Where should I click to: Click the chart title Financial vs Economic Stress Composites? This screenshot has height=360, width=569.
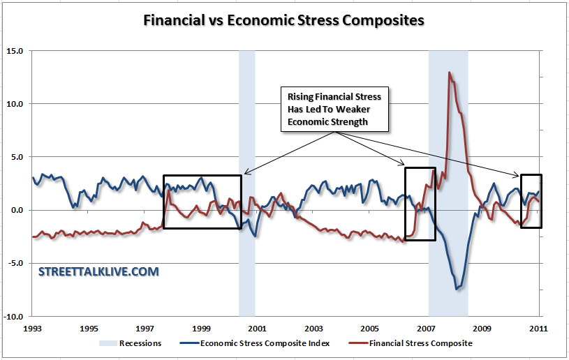click(283, 20)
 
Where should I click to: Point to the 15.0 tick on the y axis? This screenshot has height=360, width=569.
click(15, 51)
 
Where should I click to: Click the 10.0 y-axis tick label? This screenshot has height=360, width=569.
click(15, 104)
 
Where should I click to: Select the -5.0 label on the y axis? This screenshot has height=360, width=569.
click(15, 263)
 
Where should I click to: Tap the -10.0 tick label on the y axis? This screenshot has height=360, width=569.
click(14, 316)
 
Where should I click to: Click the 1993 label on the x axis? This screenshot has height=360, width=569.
click(32, 327)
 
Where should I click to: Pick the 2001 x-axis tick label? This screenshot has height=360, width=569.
click(257, 327)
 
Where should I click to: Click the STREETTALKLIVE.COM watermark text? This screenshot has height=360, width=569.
click(98, 271)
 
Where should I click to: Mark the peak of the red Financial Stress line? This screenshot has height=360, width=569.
click(450, 73)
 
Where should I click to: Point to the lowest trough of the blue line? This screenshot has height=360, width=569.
click(457, 289)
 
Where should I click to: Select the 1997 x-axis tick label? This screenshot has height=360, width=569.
click(145, 327)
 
